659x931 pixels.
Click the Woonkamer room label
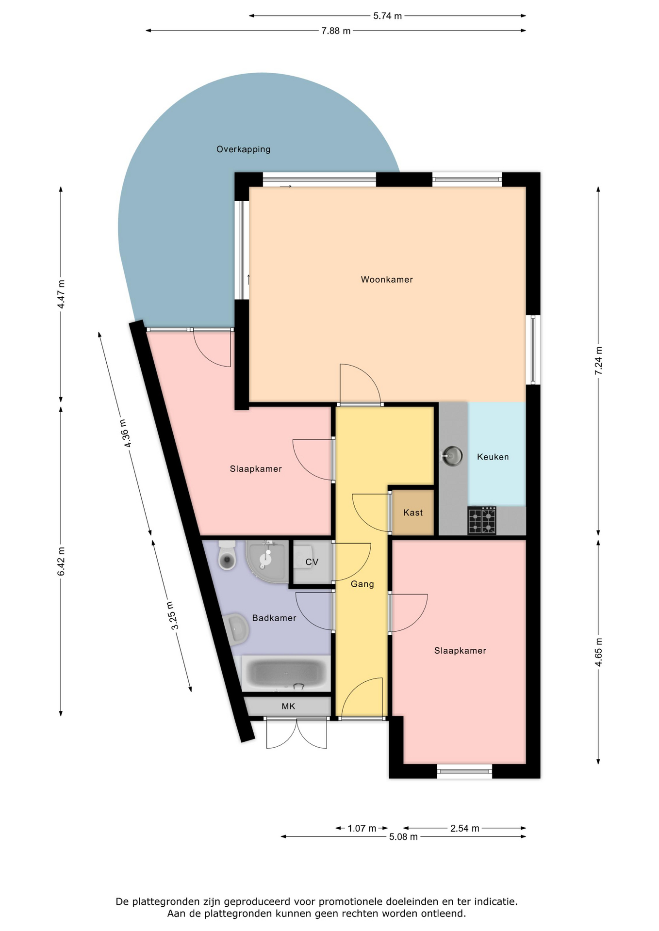(387, 279)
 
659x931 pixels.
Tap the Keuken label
(493, 457)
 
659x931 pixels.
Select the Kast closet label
(413, 513)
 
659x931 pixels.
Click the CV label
(312, 562)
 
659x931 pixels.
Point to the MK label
(288, 706)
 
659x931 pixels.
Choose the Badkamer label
(274, 618)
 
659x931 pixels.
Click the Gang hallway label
(362, 584)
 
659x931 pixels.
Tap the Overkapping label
(244, 149)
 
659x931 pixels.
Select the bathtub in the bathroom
(286, 674)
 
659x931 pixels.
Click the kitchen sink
(452, 456)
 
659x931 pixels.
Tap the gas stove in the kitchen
(482, 520)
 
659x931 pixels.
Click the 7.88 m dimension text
(336, 31)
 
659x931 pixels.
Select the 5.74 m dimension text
(387, 16)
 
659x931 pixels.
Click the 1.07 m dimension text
(362, 828)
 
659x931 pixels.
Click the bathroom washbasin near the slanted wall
(236, 629)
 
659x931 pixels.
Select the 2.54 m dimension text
(464, 828)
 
